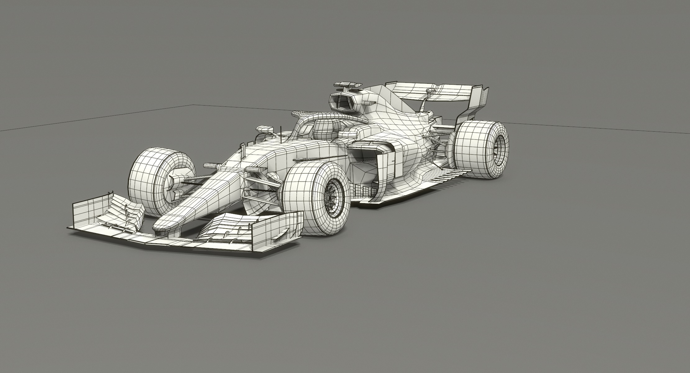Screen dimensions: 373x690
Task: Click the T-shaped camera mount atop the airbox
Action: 348,85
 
